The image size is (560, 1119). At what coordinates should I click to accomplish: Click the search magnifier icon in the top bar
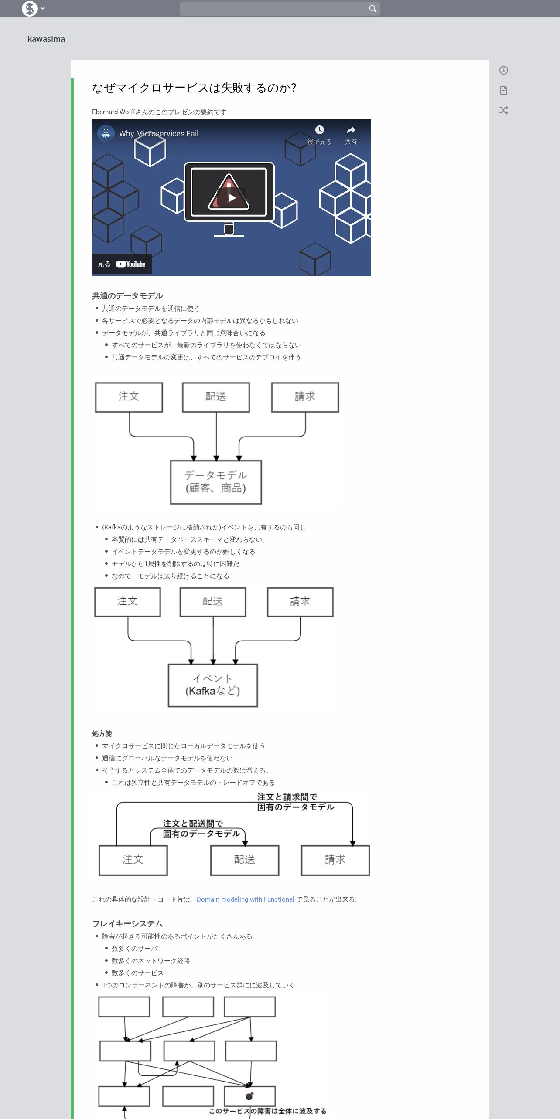[372, 9]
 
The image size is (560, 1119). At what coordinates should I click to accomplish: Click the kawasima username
[46, 39]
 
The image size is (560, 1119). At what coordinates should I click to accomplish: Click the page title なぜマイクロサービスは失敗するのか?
[194, 88]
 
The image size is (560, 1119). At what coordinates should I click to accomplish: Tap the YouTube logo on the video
[131, 264]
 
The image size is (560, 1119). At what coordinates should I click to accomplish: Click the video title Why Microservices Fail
[159, 134]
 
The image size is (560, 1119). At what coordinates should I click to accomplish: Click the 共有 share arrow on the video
[351, 130]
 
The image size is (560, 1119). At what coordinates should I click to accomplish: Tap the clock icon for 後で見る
[320, 130]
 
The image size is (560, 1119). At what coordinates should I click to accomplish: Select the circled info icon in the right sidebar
[504, 70]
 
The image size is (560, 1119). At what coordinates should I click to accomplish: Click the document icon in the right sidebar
[504, 90]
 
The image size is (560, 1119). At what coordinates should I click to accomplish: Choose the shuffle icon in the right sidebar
[504, 110]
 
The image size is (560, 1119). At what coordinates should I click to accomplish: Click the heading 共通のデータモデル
[127, 296]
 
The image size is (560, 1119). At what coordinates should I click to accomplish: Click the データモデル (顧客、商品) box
[216, 482]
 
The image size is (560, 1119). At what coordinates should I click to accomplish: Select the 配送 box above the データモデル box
[216, 397]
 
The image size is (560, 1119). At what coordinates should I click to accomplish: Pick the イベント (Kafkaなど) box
[213, 685]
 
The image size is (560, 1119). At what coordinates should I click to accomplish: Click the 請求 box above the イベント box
[300, 602]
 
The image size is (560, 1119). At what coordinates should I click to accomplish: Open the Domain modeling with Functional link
[246, 899]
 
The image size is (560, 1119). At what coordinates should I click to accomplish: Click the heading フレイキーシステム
[127, 924]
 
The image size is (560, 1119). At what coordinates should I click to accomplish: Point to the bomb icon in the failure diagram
[249, 1096]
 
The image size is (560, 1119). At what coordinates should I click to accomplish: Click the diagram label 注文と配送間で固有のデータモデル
[201, 828]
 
